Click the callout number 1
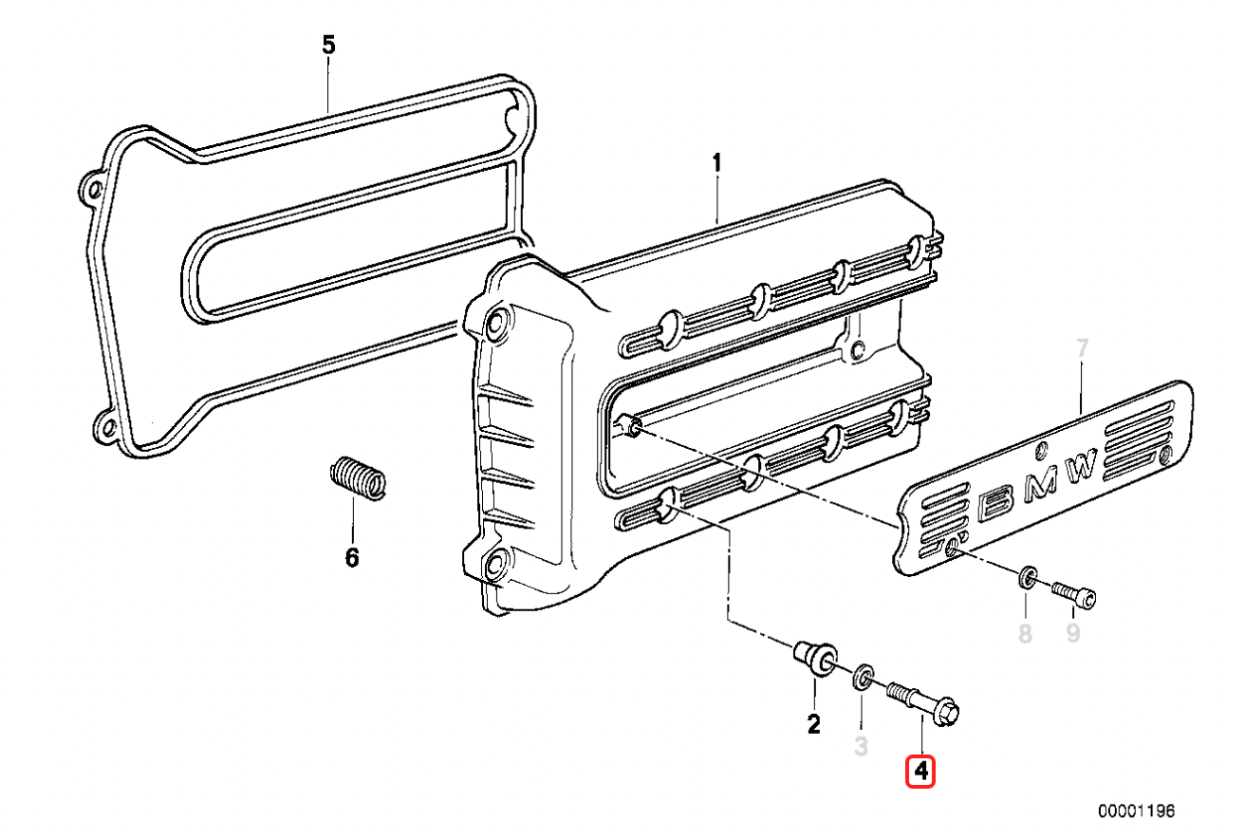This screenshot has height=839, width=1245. pyautogui.click(x=717, y=164)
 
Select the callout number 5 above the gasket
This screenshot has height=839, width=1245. pyautogui.click(x=328, y=44)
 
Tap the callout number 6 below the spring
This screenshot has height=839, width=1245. pyautogui.click(x=352, y=558)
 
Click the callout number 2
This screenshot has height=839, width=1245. pyautogui.click(x=813, y=725)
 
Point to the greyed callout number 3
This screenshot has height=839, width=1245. pyautogui.click(x=861, y=746)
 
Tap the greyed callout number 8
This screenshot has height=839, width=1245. pyautogui.click(x=1025, y=633)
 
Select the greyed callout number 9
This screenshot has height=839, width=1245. pyautogui.click(x=1072, y=633)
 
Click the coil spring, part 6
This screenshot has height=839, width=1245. pyautogui.click(x=359, y=476)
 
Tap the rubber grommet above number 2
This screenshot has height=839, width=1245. pyautogui.click(x=814, y=657)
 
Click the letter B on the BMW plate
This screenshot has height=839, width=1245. pyautogui.click(x=996, y=504)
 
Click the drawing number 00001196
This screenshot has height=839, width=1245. pyautogui.click(x=1137, y=811)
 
